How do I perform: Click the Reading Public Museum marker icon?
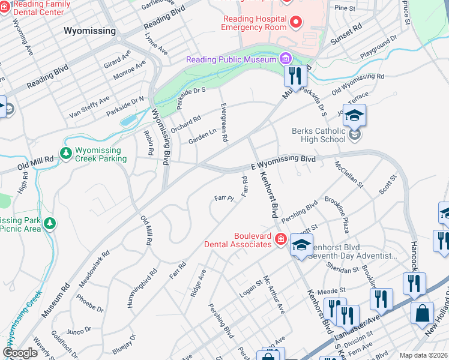(x=285, y=59)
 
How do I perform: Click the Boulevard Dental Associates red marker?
(x=280, y=240)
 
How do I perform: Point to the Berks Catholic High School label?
(x=318, y=135)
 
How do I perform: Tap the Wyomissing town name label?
(x=90, y=30)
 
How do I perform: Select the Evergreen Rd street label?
(x=224, y=122)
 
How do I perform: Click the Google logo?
(x=20, y=353)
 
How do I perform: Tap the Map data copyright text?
(x=423, y=355)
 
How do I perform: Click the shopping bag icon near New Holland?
(x=422, y=313)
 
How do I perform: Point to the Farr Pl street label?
(x=223, y=198)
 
